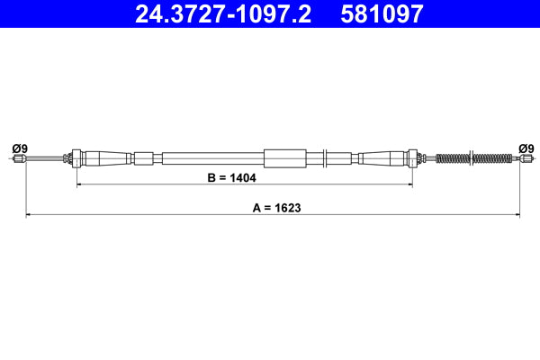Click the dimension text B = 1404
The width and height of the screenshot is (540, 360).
click(x=231, y=178)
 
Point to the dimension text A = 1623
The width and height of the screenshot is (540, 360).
click(x=276, y=208)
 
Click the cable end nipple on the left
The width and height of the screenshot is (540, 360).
click(x=19, y=159)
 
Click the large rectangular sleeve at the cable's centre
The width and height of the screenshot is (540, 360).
click(x=286, y=158)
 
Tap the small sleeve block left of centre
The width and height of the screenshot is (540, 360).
click(x=144, y=159)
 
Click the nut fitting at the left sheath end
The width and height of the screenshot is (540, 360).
click(x=76, y=158)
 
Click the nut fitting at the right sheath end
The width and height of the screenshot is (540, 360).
click(x=413, y=158)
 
